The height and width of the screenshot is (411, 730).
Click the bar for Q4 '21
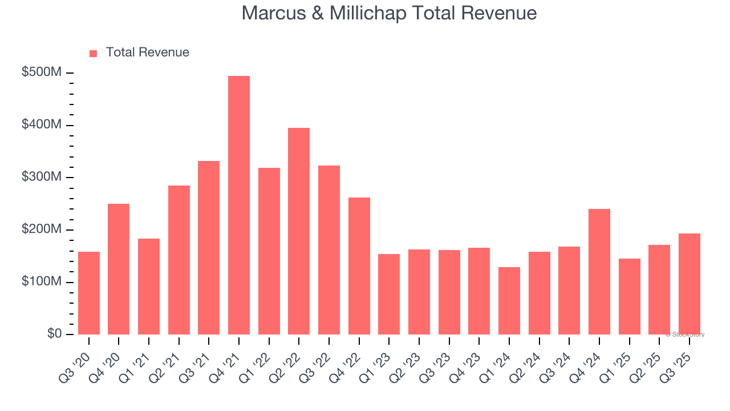(x=239, y=205)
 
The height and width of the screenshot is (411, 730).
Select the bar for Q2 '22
(x=299, y=231)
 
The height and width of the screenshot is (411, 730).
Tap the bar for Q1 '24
(x=509, y=301)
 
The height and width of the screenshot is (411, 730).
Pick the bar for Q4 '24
(x=599, y=272)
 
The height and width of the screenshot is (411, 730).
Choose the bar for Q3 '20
(x=89, y=293)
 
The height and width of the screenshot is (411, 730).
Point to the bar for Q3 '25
(x=690, y=284)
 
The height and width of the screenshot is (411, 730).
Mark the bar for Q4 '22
(x=359, y=266)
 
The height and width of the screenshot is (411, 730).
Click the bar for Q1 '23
(x=389, y=294)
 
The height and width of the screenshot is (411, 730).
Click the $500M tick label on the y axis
(x=42, y=72)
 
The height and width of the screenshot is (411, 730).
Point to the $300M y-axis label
(x=42, y=177)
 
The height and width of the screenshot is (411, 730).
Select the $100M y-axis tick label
(x=42, y=282)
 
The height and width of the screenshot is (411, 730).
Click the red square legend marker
(x=94, y=53)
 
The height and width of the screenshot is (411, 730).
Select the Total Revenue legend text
(x=147, y=53)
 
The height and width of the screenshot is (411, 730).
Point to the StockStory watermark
(x=685, y=335)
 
